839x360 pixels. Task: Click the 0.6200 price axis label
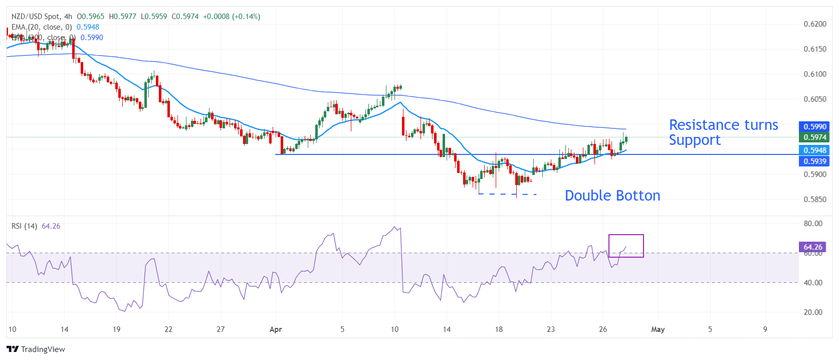click(815, 24)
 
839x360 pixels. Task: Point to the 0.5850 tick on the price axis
click(815, 200)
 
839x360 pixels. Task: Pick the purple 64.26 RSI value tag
click(812, 247)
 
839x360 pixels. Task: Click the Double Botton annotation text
click(612, 196)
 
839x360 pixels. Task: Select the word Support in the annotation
click(695, 140)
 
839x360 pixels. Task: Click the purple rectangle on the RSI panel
click(626, 246)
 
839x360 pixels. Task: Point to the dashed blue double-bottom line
click(508, 194)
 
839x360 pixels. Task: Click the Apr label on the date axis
click(276, 329)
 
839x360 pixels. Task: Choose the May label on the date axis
click(658, 329)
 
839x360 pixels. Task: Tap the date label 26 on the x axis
click(603, 329)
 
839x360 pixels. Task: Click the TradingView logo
click(36, 349)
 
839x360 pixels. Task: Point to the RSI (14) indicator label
click(24, 226)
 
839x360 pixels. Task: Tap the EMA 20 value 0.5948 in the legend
click(88, 27)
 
